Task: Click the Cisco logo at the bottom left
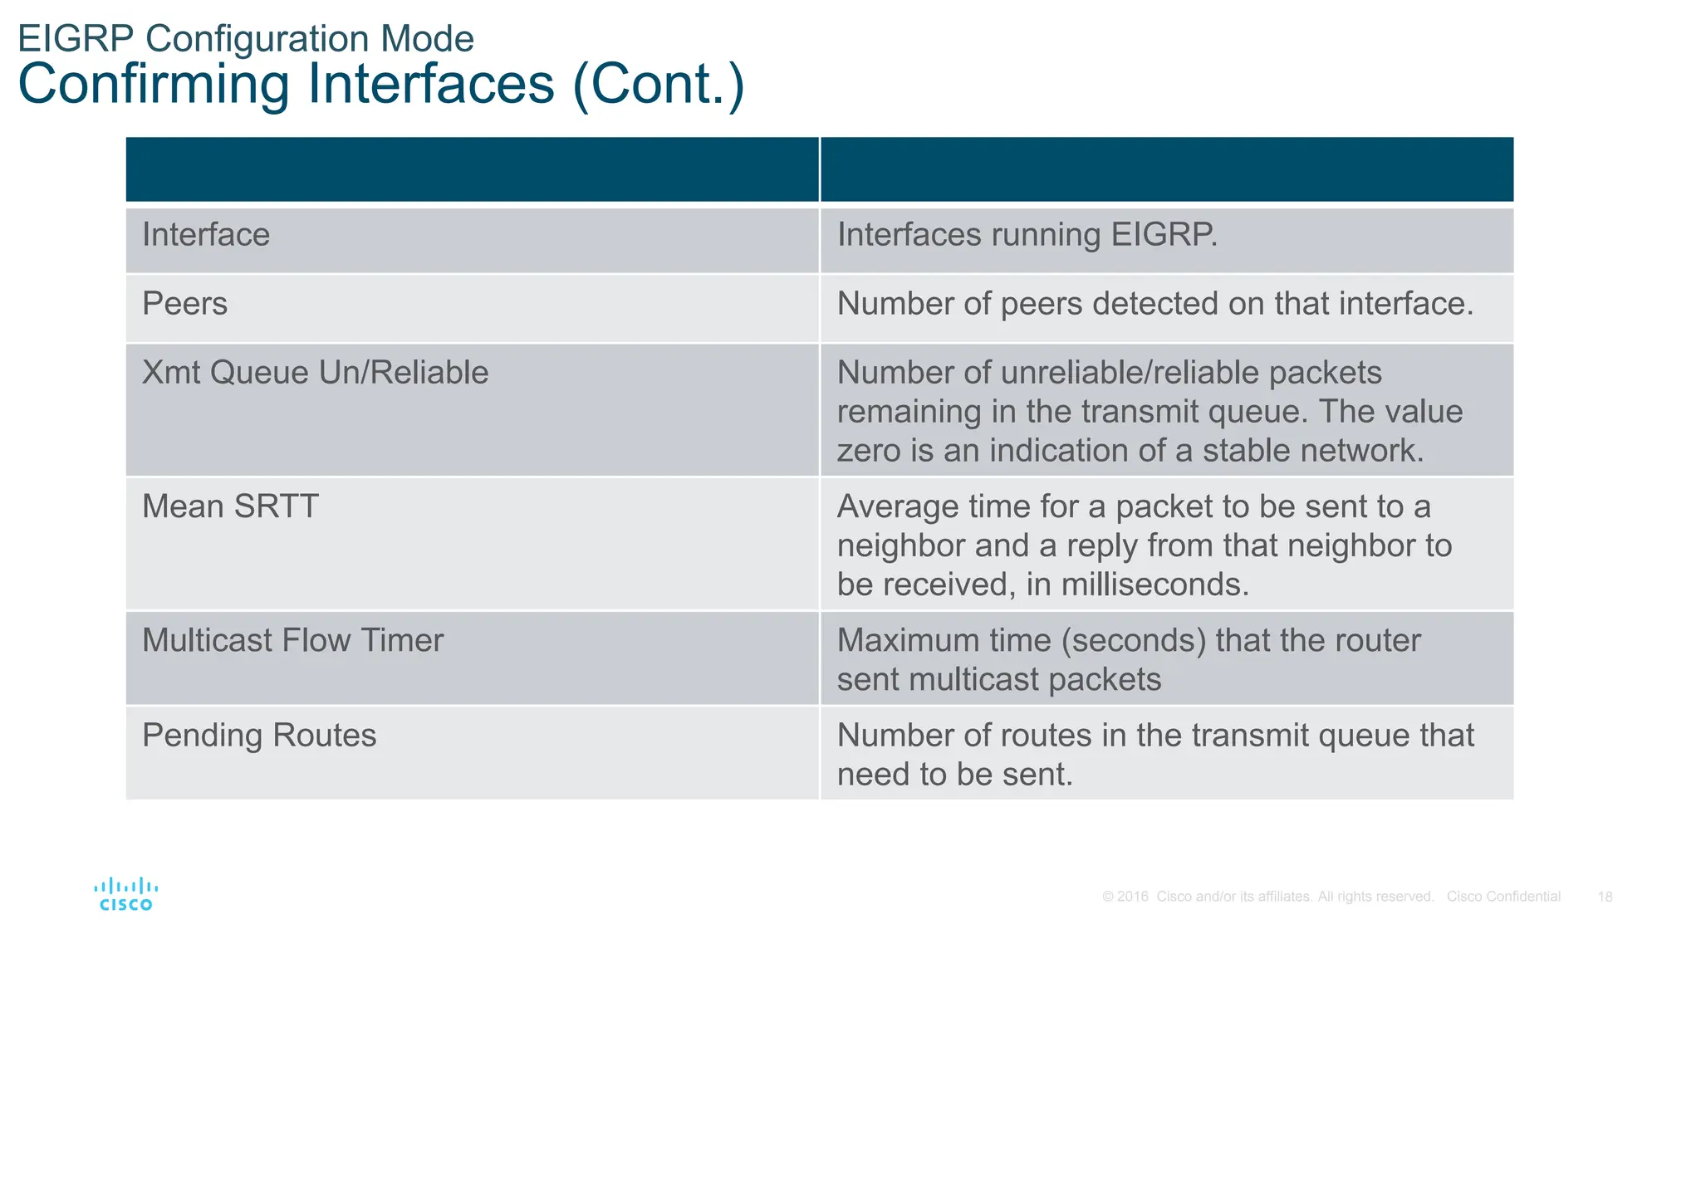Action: click(126, 894)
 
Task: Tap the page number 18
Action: click(1605, 897)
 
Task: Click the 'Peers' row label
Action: click(184, 304)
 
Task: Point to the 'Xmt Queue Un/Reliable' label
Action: click(315, 373)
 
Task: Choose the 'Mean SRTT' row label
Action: click(230, 506)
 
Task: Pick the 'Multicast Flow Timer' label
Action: click(292, 641)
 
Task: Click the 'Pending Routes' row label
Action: click(259, 736)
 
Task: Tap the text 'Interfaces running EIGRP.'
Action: click(1027, 235)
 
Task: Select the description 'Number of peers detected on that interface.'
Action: click(1154, 304)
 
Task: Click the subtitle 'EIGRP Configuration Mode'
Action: click(246, 39)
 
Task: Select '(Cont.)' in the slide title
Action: click(659, 85)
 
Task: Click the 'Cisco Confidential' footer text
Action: click(1503, 897)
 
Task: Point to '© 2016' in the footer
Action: click(1125, 897)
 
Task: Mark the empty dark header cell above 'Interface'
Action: click(472, 169)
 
